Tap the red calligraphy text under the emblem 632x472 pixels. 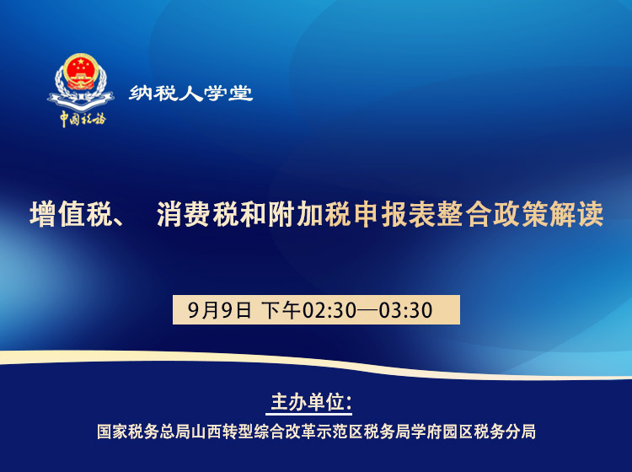coord(82,119)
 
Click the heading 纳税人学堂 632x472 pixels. coord(191,94)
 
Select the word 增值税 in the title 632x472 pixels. coord(71,214)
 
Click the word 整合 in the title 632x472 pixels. coord(475,214)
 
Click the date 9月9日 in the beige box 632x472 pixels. coord(219,310)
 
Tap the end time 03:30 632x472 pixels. coord(405,310)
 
